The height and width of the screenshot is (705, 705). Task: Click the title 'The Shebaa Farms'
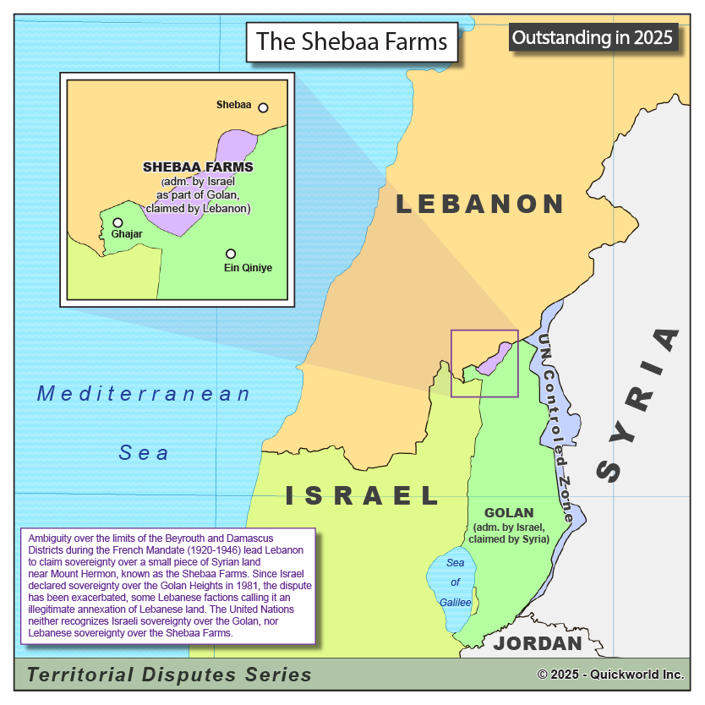click(352, 41)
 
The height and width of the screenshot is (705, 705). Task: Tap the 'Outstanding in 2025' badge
click(593, 37)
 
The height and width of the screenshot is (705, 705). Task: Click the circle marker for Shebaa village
click(263, 107)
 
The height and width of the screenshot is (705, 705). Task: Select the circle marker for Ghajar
click(117, 222)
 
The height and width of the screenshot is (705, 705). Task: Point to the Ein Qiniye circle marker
click(230, 254)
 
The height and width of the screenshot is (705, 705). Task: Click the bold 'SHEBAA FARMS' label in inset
click(198, 167)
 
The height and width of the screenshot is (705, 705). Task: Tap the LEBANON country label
click(479, 204)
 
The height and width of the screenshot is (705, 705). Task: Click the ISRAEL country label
click(363, 495)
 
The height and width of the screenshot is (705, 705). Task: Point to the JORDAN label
click(538, 643)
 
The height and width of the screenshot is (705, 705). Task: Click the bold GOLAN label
click(509, 512)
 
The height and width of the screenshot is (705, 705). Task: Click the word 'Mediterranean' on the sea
click(144, 394)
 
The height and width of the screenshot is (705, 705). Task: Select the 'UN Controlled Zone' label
click(556, 427)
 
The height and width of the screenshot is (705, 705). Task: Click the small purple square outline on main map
click(484, 363)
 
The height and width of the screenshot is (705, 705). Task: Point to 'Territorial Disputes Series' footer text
click(169, 675)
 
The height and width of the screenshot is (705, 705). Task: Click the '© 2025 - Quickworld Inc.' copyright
click(610, 675)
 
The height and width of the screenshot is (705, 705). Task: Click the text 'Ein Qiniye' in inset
click(249, 268)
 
